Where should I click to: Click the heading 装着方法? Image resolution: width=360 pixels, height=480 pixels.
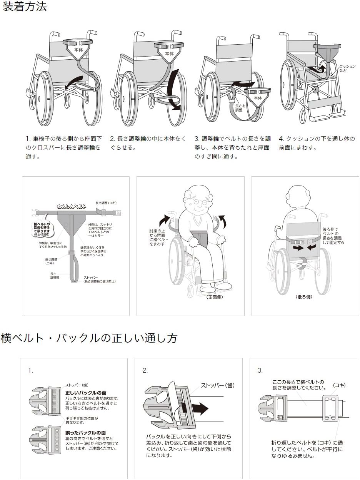pyautogui.click(x=25, y=7)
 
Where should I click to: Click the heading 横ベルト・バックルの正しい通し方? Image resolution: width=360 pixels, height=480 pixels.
pyautogui.click(x=89, y=338)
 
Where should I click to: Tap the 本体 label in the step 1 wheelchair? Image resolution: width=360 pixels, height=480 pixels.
pyautogui.click(x=78, y=50)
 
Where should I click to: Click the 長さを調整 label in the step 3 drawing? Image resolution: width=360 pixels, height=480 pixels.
pyautogui.click(x=238, y=107)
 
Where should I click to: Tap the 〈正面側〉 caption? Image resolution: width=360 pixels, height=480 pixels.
pyautogui.click(x=214, y=297)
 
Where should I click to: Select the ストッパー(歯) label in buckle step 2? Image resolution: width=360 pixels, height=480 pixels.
pyautogui.click(x=217, y=385)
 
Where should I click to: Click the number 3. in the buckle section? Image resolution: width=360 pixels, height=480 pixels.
pyautogui.click(x=260, y=371)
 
